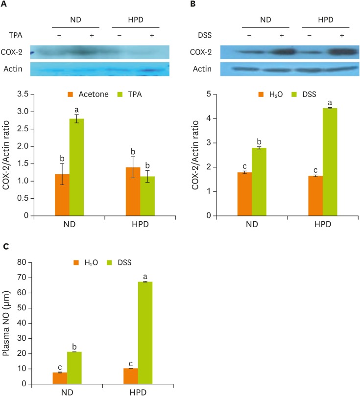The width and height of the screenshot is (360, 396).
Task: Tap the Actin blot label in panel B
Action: coord(202,69)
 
